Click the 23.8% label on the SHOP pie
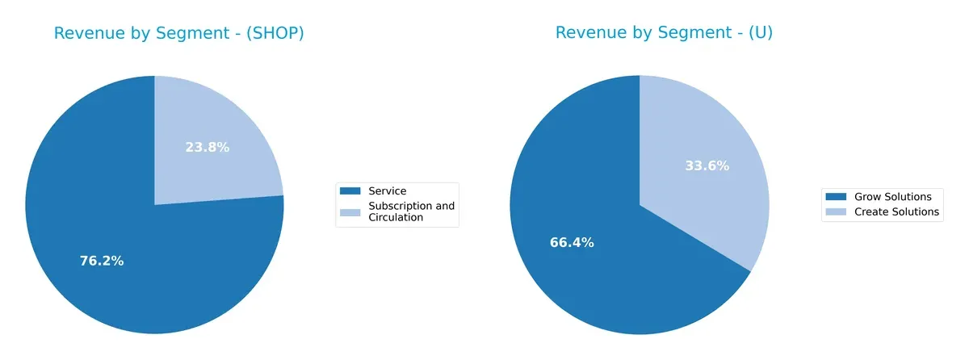click(x=207, y=147)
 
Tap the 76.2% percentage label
click(x=102, y=261)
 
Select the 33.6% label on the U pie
click(x=707, y=165)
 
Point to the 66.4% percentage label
click(x=571, y=242)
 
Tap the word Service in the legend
click(x=387, y=191)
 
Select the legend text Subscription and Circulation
click(x=411, y=211)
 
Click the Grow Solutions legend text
click(x=893, y=197)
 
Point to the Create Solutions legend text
click(x=897, y=211)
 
